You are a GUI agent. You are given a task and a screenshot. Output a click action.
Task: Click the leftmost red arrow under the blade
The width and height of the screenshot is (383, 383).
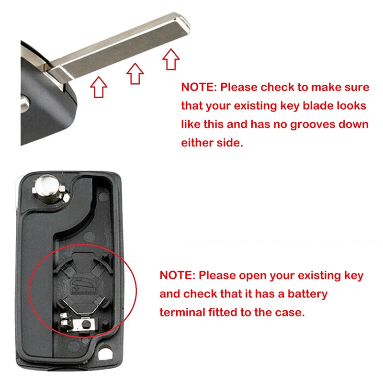[99, 88]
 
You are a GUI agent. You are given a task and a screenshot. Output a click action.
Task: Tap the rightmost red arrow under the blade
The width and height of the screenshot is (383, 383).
[171, 59]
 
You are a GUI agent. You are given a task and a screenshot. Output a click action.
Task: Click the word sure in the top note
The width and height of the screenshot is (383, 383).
[357, 88]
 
